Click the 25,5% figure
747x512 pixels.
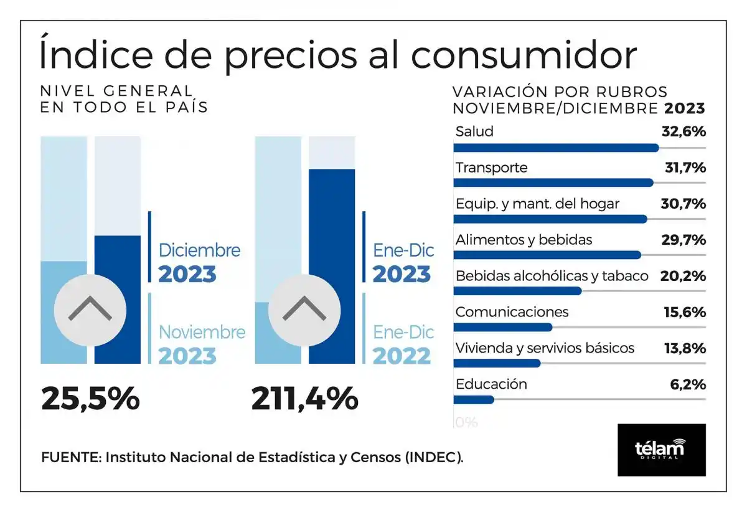(90, 399)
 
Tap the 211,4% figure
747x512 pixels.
(304, 399)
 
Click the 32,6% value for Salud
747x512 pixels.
(683, 131)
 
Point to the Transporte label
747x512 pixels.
(491, 168)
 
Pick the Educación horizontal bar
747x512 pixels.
(474, 400)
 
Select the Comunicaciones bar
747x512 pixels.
(502, 328)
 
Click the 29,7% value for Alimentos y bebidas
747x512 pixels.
(683, 240)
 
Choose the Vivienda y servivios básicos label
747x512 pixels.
(545, 348)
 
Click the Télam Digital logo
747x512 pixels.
(661, 450)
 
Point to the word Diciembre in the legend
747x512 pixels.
(199, 250)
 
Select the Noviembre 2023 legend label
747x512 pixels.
(201, 344)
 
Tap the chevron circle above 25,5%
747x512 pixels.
(90, 310)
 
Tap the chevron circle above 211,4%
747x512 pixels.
(304, 310)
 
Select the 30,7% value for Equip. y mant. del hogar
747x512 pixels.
(683, 204)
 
